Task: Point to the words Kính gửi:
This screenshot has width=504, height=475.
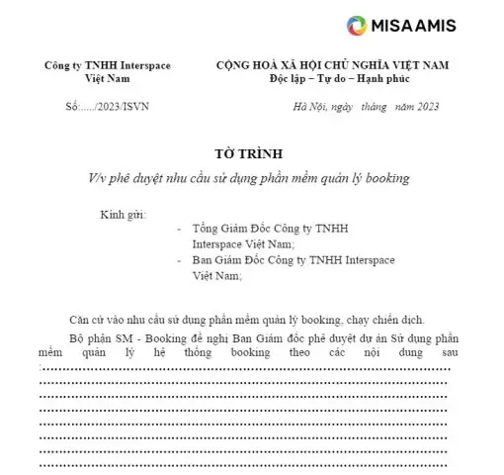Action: point(123,215)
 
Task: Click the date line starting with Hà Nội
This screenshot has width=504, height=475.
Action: point(366,107)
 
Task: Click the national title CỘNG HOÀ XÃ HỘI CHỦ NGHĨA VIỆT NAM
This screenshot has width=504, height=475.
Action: point(332,65)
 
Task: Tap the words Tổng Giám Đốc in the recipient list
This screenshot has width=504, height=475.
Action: point(233,228)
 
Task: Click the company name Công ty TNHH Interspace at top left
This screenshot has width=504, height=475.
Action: point(107,65)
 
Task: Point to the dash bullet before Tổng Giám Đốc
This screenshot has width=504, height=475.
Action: point(178,228)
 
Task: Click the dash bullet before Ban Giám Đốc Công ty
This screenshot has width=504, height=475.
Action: point(178,260)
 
